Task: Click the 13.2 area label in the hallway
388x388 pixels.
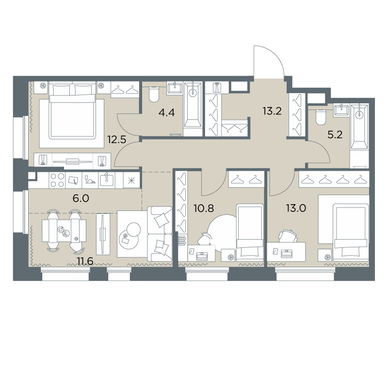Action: click(x=272, y=111)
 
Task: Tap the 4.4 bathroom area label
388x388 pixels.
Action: click(x=167, y=113)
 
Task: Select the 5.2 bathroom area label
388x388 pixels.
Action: click(x=335, y=135)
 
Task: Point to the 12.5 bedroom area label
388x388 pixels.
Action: click(x=117, y=140)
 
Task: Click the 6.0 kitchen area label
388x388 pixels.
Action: click(x=81, y=198)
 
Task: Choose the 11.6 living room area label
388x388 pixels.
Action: click(x=85, y=261)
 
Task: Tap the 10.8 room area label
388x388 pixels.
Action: click(x=204, y=209)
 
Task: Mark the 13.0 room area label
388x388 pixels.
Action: click(x=296, y=209)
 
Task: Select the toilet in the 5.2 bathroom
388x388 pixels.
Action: click(x=321, y=117)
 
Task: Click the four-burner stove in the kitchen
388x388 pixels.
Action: click(x=57, y=180)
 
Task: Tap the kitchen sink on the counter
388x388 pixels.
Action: click(x=107, y=180)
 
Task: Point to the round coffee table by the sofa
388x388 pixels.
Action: click(x=129, y=236)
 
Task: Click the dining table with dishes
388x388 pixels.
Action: click(x=64, y=231)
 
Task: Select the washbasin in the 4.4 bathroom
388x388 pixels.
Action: click(x=175, y=88)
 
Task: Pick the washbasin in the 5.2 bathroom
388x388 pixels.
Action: click(x=341, y=111)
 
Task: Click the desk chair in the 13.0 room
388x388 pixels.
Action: click(x=288, y=236)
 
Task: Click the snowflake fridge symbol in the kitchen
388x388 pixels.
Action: click(x=131, y=180)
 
